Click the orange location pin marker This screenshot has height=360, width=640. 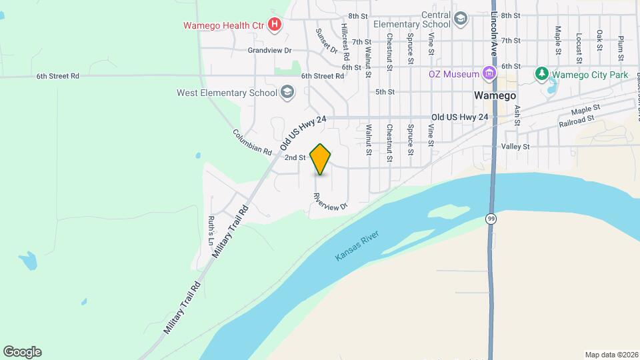(x=321, y=159)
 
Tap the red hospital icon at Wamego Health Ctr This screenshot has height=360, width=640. (x=274, y=25)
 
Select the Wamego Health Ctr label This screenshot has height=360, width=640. (x=224, y=26)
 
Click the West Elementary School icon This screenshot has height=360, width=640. (x=287, y=92)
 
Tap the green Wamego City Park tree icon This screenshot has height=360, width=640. (x=542, y=73)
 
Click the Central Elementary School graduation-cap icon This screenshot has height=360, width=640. (x=460, y=19)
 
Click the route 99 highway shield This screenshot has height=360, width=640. (x=491, y=218)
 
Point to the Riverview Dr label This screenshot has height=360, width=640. (x=331, y=202)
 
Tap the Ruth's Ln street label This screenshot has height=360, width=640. (x=211, y=227)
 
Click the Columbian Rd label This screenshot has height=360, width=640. (x=253, y=141)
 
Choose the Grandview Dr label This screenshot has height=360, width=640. (x=270, y=50)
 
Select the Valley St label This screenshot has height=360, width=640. (x=515, y=146)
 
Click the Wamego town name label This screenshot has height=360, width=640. (x=495, y=95)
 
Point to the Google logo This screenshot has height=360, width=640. (x=22, y=352)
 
